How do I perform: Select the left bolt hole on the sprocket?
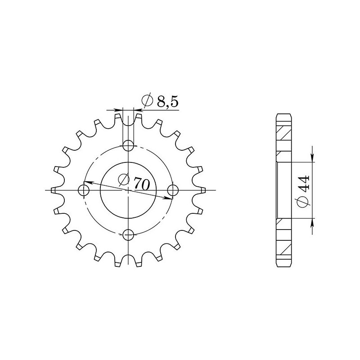(84, 190)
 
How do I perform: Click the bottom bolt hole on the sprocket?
(129, 234)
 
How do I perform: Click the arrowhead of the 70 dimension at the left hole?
(88, 183)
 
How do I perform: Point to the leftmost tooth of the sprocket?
(54, 190)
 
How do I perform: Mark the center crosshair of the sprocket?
(129, 190)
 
